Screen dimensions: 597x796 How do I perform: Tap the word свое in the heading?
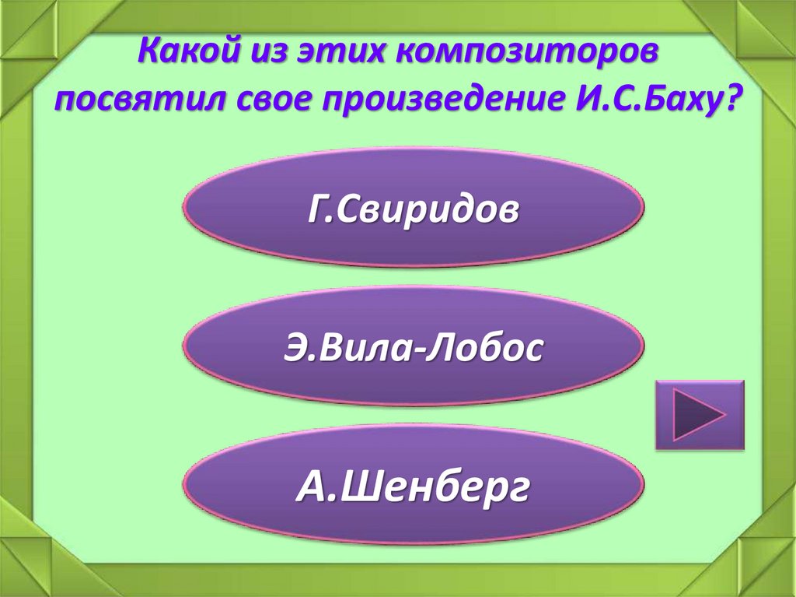click(266, 100)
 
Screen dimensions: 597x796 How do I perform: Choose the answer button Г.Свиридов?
click(413, 208)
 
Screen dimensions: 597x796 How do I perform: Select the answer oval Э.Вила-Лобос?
click(413, 347)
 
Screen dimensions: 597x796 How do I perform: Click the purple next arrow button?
click(699, 415)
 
